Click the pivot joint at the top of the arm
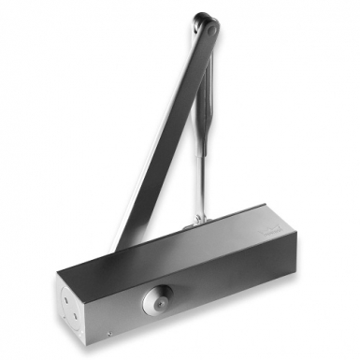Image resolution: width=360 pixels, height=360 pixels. (x=208, y=27)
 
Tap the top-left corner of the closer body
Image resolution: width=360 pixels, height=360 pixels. (x=58, y=272)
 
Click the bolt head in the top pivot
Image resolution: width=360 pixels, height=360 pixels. (x=212, y=29)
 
